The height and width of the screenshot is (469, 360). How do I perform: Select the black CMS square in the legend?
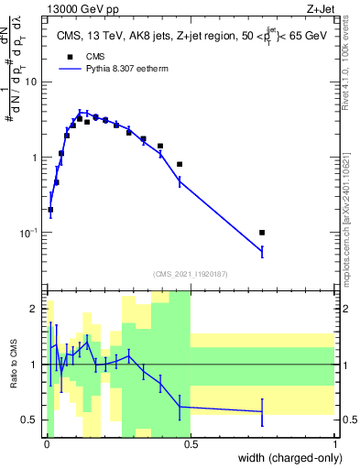[x=70, y=56]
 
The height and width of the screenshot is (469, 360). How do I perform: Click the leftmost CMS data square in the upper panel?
[x=50, y=210]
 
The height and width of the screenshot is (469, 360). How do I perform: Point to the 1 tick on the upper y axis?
[x=38, y=158]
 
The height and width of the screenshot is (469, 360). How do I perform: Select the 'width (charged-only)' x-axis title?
[x=288, y=457]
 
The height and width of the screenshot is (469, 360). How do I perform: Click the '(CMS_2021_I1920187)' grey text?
[x=191, y=273]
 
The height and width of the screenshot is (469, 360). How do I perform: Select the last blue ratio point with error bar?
[x=262, y=411]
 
